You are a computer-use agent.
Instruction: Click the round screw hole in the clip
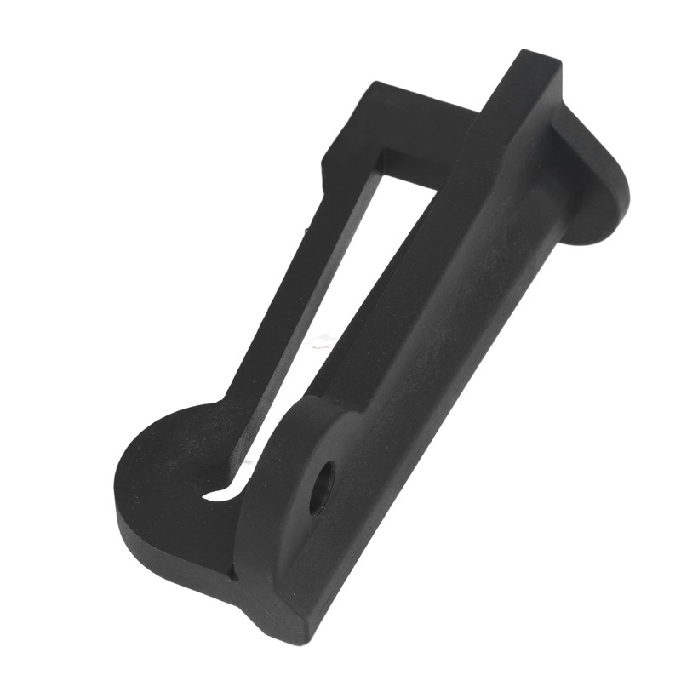(321, 487)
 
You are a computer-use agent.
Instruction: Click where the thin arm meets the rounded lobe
(226, 409)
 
